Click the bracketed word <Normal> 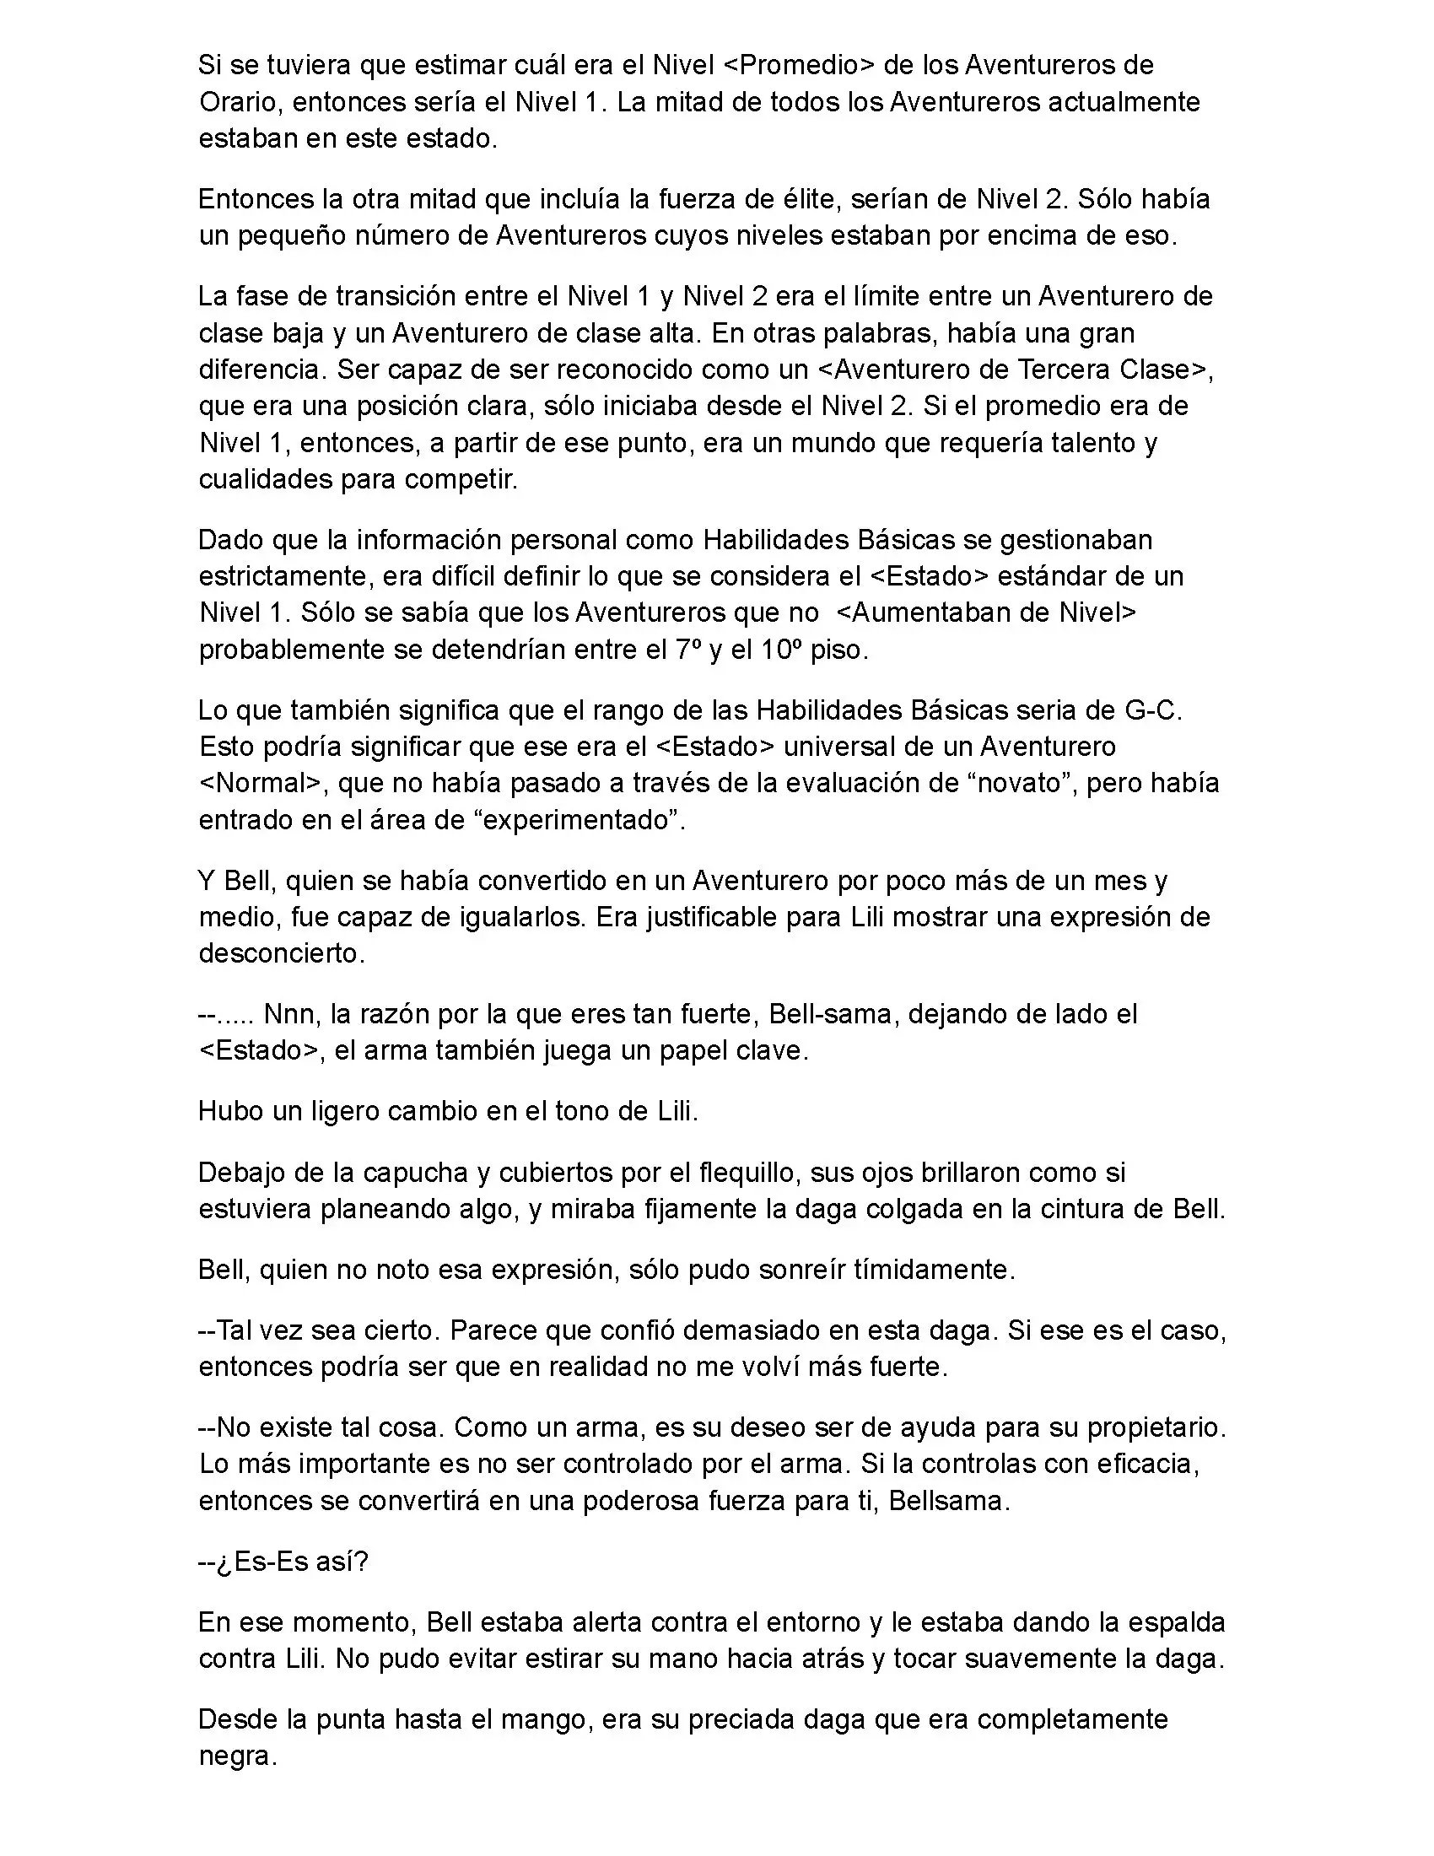pos(262,783)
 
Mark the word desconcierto pos(281,953)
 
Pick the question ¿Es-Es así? pos(283,1562)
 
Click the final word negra pos(238,1756)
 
